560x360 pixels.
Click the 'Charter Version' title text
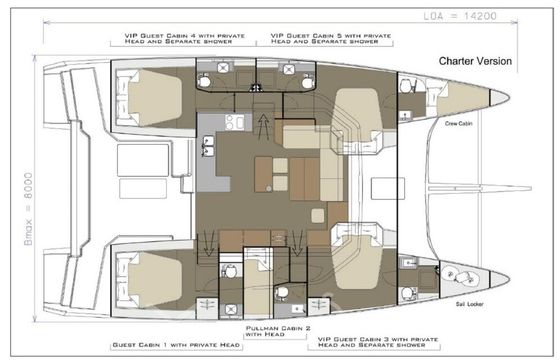point(475,61)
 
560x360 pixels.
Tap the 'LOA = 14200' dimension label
point(460,16)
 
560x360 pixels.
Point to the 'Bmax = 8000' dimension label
point(28,209)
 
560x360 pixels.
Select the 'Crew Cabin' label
point(459,124)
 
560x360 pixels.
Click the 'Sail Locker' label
point(470,304)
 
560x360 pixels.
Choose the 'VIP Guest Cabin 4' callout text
point(185,39)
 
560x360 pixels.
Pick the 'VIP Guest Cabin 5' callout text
point(331,39)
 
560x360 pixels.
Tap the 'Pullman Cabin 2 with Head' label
point(278,331)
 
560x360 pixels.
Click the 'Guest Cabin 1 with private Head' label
point(176,345)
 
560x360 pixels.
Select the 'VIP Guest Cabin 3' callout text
point(378,342)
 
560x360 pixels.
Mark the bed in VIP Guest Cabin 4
point(155,98)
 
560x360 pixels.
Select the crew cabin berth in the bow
point(463,98)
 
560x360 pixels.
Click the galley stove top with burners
point(235,122)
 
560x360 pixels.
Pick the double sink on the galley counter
point(208,146)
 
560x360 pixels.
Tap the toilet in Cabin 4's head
point(204,81)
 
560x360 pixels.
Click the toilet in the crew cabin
point(406,86)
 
